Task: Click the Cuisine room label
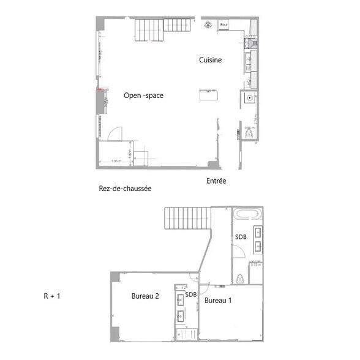click(x=209, y=60)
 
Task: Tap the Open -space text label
click(x=143, y=96)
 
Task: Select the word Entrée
click(x=216, y=181)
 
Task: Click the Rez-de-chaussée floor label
click(x=125, y=189)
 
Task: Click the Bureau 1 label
click(x=218, y=300)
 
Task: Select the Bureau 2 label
click(x=145, y=296)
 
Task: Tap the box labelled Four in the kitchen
click(x=224, y=25)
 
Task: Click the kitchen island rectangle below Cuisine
click(x=208, y=95)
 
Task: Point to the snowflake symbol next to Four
click(x=208, y=24)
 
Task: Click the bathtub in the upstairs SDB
click(x=247, y=214)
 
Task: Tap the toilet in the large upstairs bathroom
click(x=240, y=279)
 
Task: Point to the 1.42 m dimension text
click(x=130, y=154)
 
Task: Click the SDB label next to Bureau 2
click(x=191, y=294)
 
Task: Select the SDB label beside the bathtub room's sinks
click(x=241, y=237)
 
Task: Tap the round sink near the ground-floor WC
click(x=250, y=97)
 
